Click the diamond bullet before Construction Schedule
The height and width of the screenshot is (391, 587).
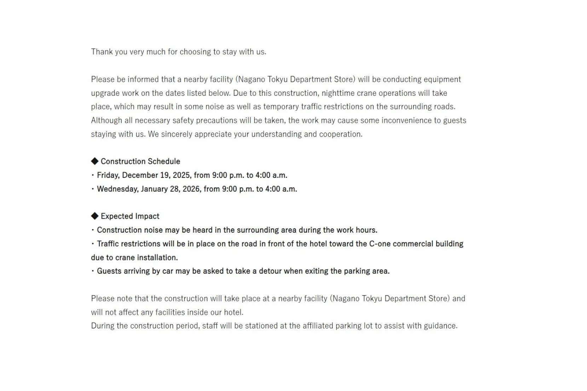click(94, 161)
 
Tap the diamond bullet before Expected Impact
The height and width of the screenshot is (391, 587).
click(94, 216)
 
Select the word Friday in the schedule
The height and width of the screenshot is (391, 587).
click(108, 175)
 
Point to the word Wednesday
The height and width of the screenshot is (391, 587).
click(117, 189)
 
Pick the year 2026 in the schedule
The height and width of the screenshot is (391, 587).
click(191, 189)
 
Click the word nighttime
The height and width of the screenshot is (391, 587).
click(338, 93)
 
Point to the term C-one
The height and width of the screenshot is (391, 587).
click(380, 244)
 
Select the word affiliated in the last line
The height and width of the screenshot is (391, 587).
click(318, 326)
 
